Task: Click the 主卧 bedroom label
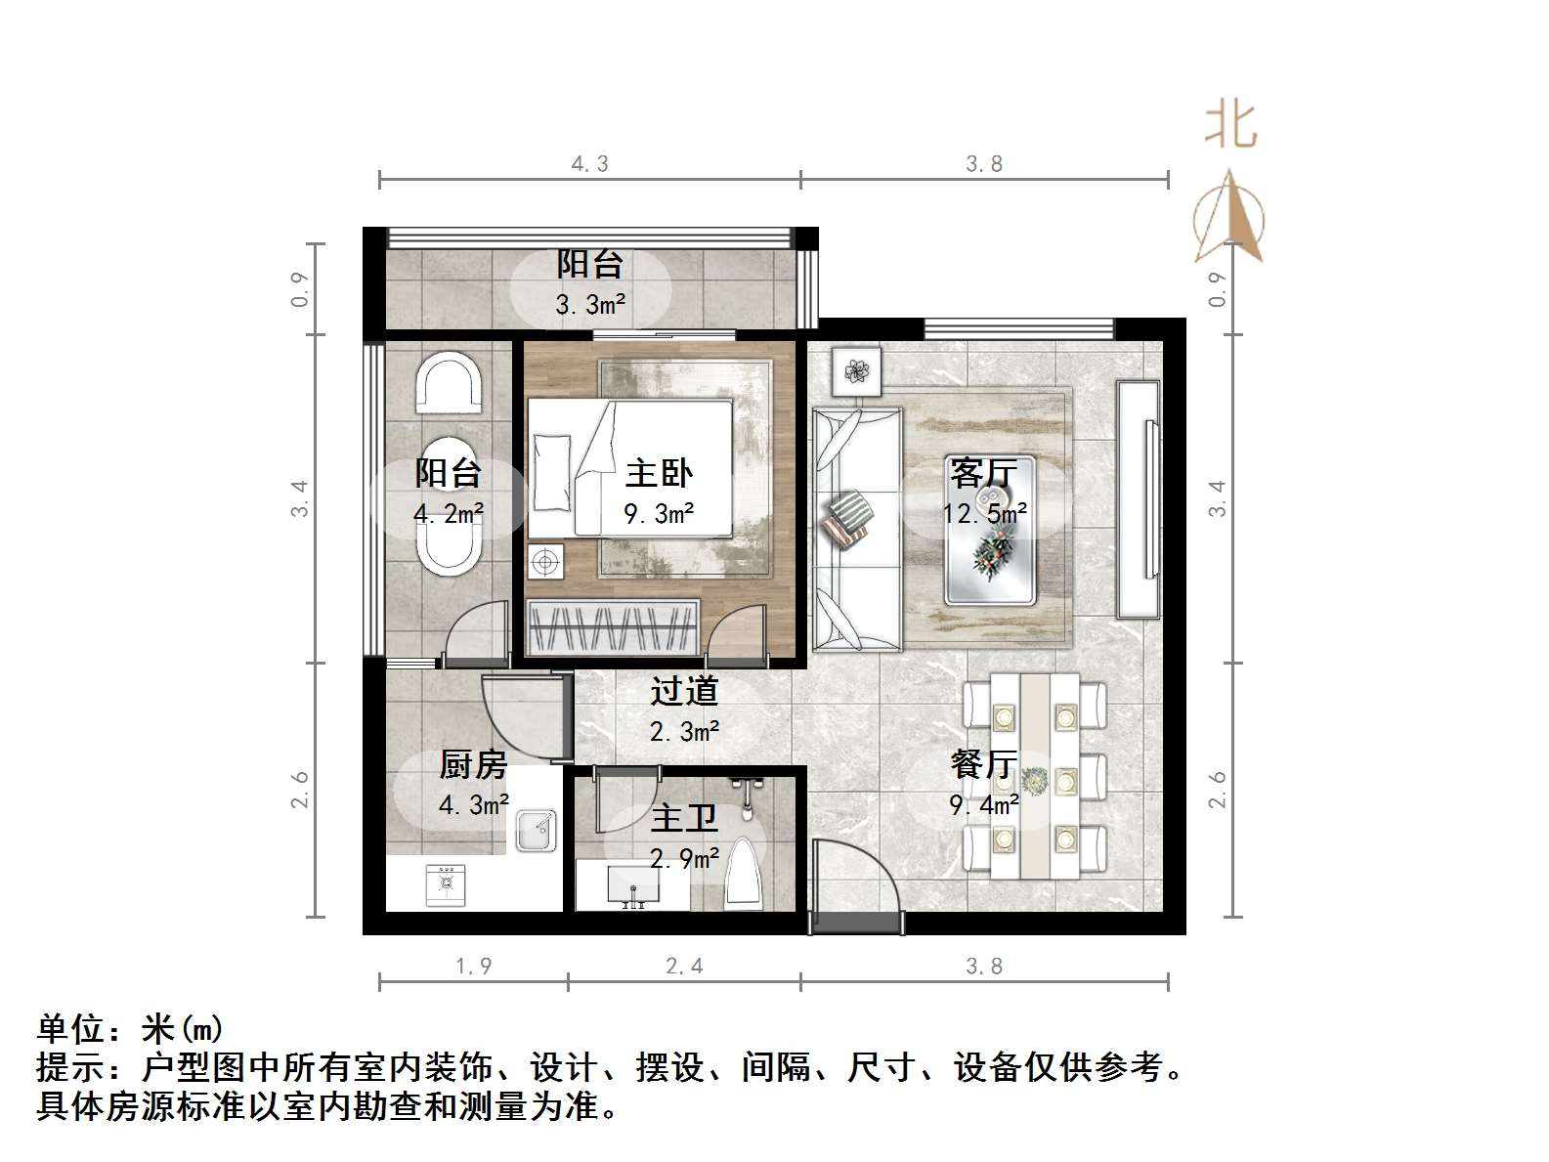click(659, 474)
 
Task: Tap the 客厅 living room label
click(983, 474)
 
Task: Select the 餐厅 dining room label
click(983, 764)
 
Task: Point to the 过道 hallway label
click(684, 691)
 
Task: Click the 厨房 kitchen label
click(473, 764)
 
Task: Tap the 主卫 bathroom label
click(683, 818)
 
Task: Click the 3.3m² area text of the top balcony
click(590, 305)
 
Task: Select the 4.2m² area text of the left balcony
click(449, 513)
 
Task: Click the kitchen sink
click(537, 831)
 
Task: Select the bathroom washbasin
click(633, 886)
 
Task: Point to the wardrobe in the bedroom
click(612, 627)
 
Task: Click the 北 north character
click(1229, 126)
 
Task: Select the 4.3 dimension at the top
click(589, 164)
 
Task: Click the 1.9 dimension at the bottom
click(473, 967)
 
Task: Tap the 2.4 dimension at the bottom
click(684, 967)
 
